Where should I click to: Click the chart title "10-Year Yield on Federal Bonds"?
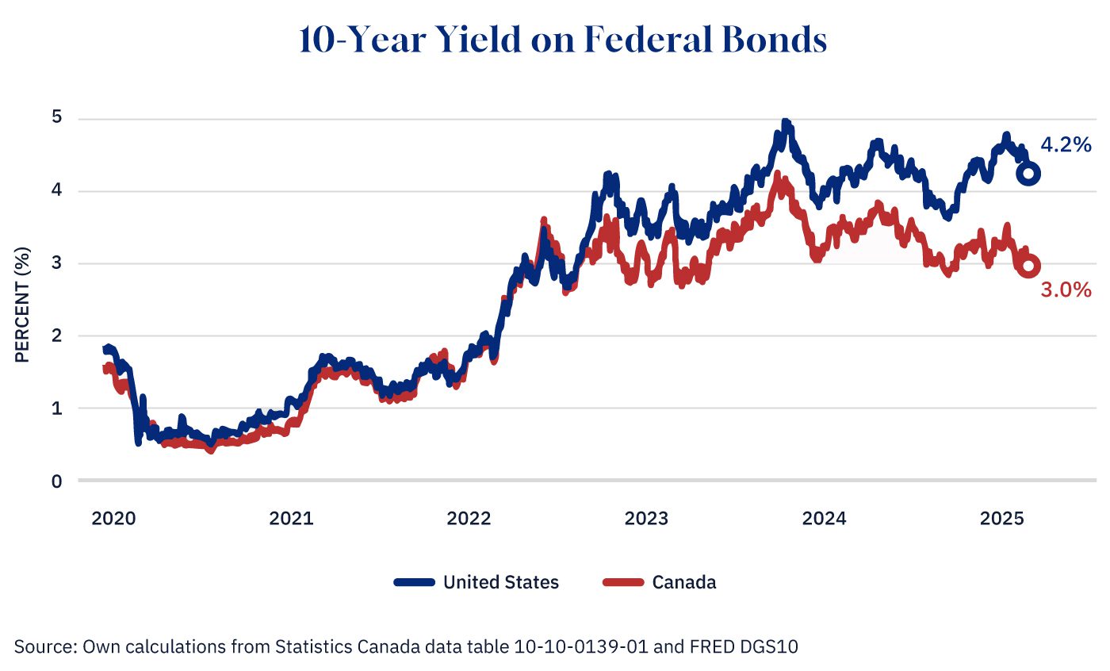point(563,40)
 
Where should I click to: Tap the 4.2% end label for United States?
point(1066,145)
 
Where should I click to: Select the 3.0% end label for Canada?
point(1066,291)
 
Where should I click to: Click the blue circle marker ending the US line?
point(1028,174)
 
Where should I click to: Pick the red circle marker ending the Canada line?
point(1028,266)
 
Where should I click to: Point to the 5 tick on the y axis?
point(58,118)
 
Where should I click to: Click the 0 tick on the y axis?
point(58,481)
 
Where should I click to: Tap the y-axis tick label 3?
point(58,263)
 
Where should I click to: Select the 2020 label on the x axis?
point(113,520)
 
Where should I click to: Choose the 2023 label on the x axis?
point(646,520)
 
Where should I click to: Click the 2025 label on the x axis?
point(1001,520)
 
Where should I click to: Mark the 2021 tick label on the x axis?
point(291,520)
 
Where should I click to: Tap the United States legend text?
point(500,582)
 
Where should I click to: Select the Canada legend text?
point(683,582)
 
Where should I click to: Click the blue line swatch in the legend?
point(414,582)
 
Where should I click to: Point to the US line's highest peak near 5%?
point(785,124)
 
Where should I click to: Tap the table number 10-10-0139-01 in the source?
point(590,646)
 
